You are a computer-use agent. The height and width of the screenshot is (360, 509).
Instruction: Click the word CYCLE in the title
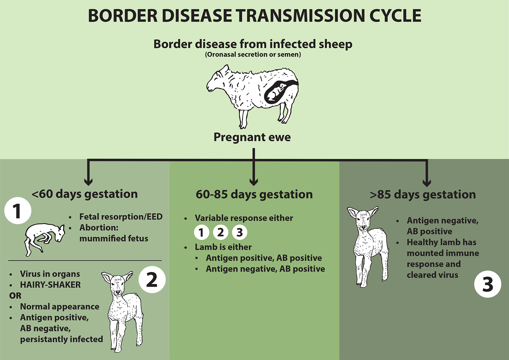click(x=395, y=16)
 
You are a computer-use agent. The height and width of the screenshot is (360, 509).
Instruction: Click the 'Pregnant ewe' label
click(x=252, y=137)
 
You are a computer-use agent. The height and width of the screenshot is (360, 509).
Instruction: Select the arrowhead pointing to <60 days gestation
click(x=88, y=182)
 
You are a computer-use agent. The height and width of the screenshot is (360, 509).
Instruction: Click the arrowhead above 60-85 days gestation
click(x=253, y=182)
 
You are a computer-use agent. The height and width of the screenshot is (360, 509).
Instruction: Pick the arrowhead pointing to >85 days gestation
click(x=427, y=183)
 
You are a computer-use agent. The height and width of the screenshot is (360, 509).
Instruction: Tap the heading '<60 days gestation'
click(x=85, y=194)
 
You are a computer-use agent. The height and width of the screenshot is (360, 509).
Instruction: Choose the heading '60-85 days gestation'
click(x=254, y=194)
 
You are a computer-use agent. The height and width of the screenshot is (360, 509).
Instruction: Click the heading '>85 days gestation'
click(x=423, y=195)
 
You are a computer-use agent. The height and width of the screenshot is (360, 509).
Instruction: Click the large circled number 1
click(x=18, y=211)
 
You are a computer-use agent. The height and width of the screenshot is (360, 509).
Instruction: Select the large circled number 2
click(x=152, y=280)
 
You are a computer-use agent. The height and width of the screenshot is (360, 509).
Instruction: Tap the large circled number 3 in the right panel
click(x=488, y=284)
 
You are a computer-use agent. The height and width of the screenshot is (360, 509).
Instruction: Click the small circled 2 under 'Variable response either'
click(x=221, y=232)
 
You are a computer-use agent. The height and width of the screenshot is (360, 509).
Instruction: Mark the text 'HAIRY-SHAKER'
click(x=50, y=285)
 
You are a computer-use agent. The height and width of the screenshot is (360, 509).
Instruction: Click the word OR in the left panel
click(x=15, y=296)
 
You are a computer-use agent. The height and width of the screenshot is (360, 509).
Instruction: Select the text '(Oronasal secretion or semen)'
click(x=253, y=55)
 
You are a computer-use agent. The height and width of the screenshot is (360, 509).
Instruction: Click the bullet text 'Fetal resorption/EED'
click(x=121, y=217)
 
